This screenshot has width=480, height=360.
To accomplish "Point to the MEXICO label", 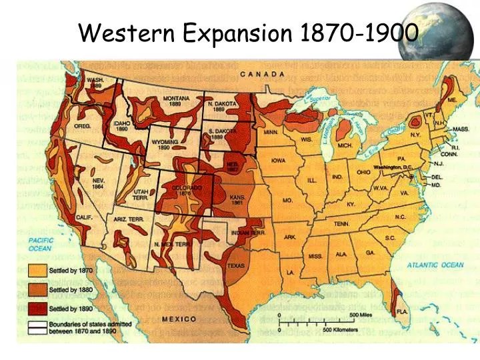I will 179,319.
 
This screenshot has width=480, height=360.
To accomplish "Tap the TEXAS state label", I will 236,265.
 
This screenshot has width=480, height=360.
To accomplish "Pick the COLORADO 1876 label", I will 187,191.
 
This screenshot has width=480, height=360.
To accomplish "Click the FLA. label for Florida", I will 401,311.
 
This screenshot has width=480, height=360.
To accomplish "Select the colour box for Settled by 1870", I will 37,271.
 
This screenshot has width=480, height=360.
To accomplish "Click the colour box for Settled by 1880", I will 37,290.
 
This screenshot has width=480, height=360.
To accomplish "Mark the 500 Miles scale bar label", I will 360,314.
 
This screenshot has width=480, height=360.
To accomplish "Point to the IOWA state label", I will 279,160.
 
